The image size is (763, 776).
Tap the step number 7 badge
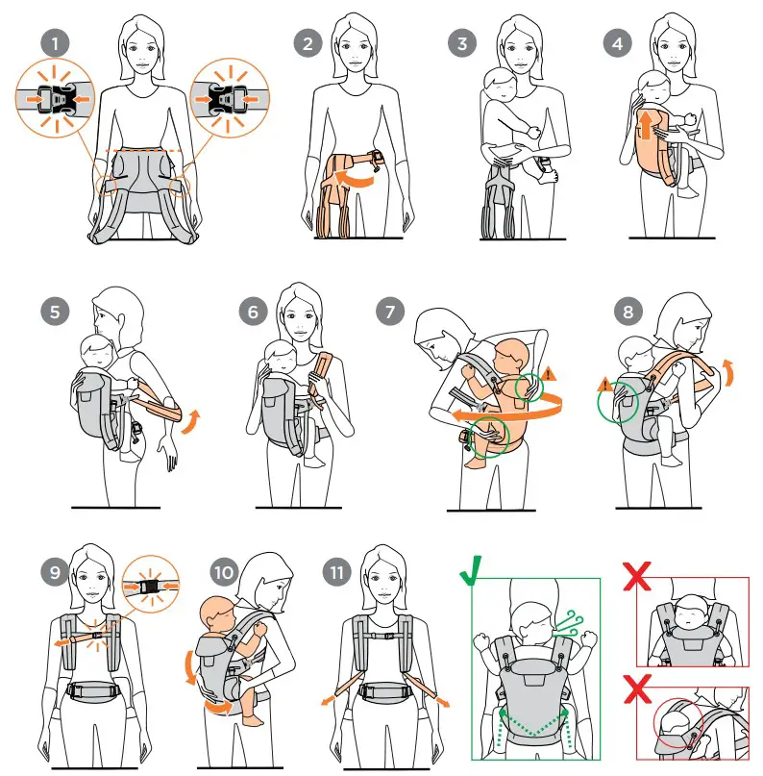[x=390, y=312]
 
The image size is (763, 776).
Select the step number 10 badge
[x=224, y=572]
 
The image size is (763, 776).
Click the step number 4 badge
[x=618, y=43]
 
